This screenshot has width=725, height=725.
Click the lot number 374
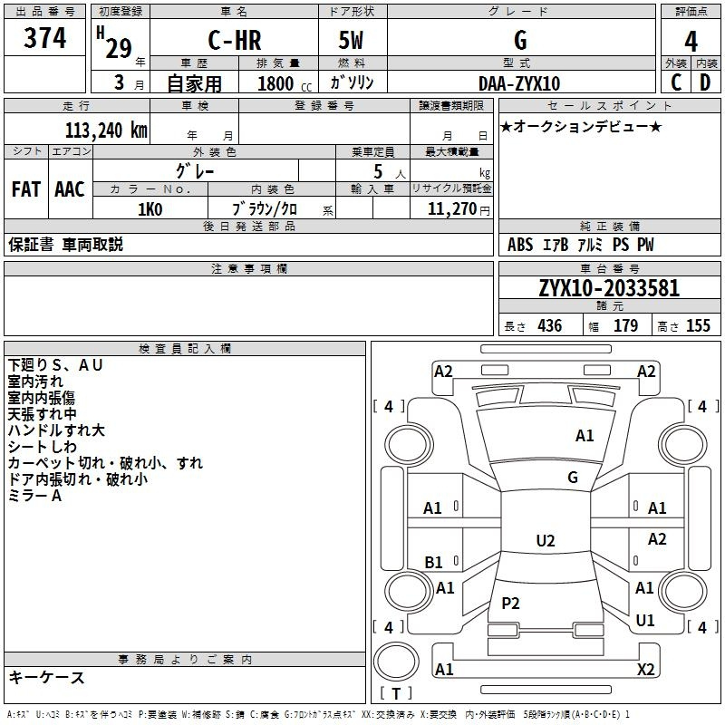[x=44, y=37]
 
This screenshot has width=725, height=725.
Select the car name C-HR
[x=235, y=40]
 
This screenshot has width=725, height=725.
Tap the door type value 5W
[x=351, y=40]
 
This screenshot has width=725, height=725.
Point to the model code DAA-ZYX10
[x=519, y=83]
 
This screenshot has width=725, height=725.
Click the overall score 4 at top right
[x=691, y=42]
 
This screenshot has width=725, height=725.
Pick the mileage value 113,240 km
[x=106, y=130]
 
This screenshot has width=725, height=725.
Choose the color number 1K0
[x=150, y=209]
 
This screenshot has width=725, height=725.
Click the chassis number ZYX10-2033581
[x=609, y=288]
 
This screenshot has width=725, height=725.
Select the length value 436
[x=550, y=325]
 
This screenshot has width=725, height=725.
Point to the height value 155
[x=698, y=325]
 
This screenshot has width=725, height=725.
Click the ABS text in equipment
[x=520, y=245]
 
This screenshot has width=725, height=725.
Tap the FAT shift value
[x=26, y=189]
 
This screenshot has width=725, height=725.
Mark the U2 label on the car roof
[x=546, y=540]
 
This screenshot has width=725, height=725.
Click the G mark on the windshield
[x=573, y=478]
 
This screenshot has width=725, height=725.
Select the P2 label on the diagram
[x=510, y=603]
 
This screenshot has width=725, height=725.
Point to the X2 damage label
[x=646, y=669]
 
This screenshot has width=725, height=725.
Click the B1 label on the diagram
[x=434, y=562]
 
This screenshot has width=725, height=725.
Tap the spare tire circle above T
[x=396, y=662]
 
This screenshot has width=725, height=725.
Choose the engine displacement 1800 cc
[x=285, y=83]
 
